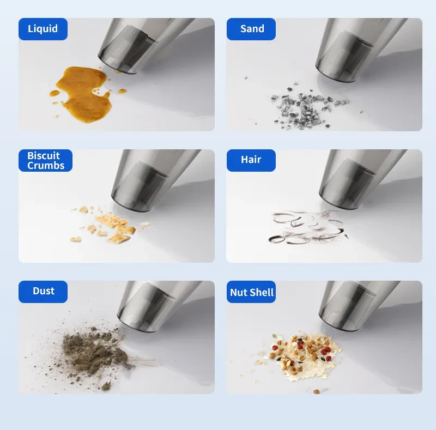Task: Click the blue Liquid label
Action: point(43,29)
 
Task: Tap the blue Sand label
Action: point(251,29)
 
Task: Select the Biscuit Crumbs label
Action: point(45,160)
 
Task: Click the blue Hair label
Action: point(251,160)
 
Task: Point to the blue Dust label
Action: point(43,292)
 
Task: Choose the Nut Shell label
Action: point(251,292)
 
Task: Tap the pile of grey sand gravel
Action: point(306,107)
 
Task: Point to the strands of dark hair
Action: point(307,227)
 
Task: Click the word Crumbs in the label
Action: point(46,166)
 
